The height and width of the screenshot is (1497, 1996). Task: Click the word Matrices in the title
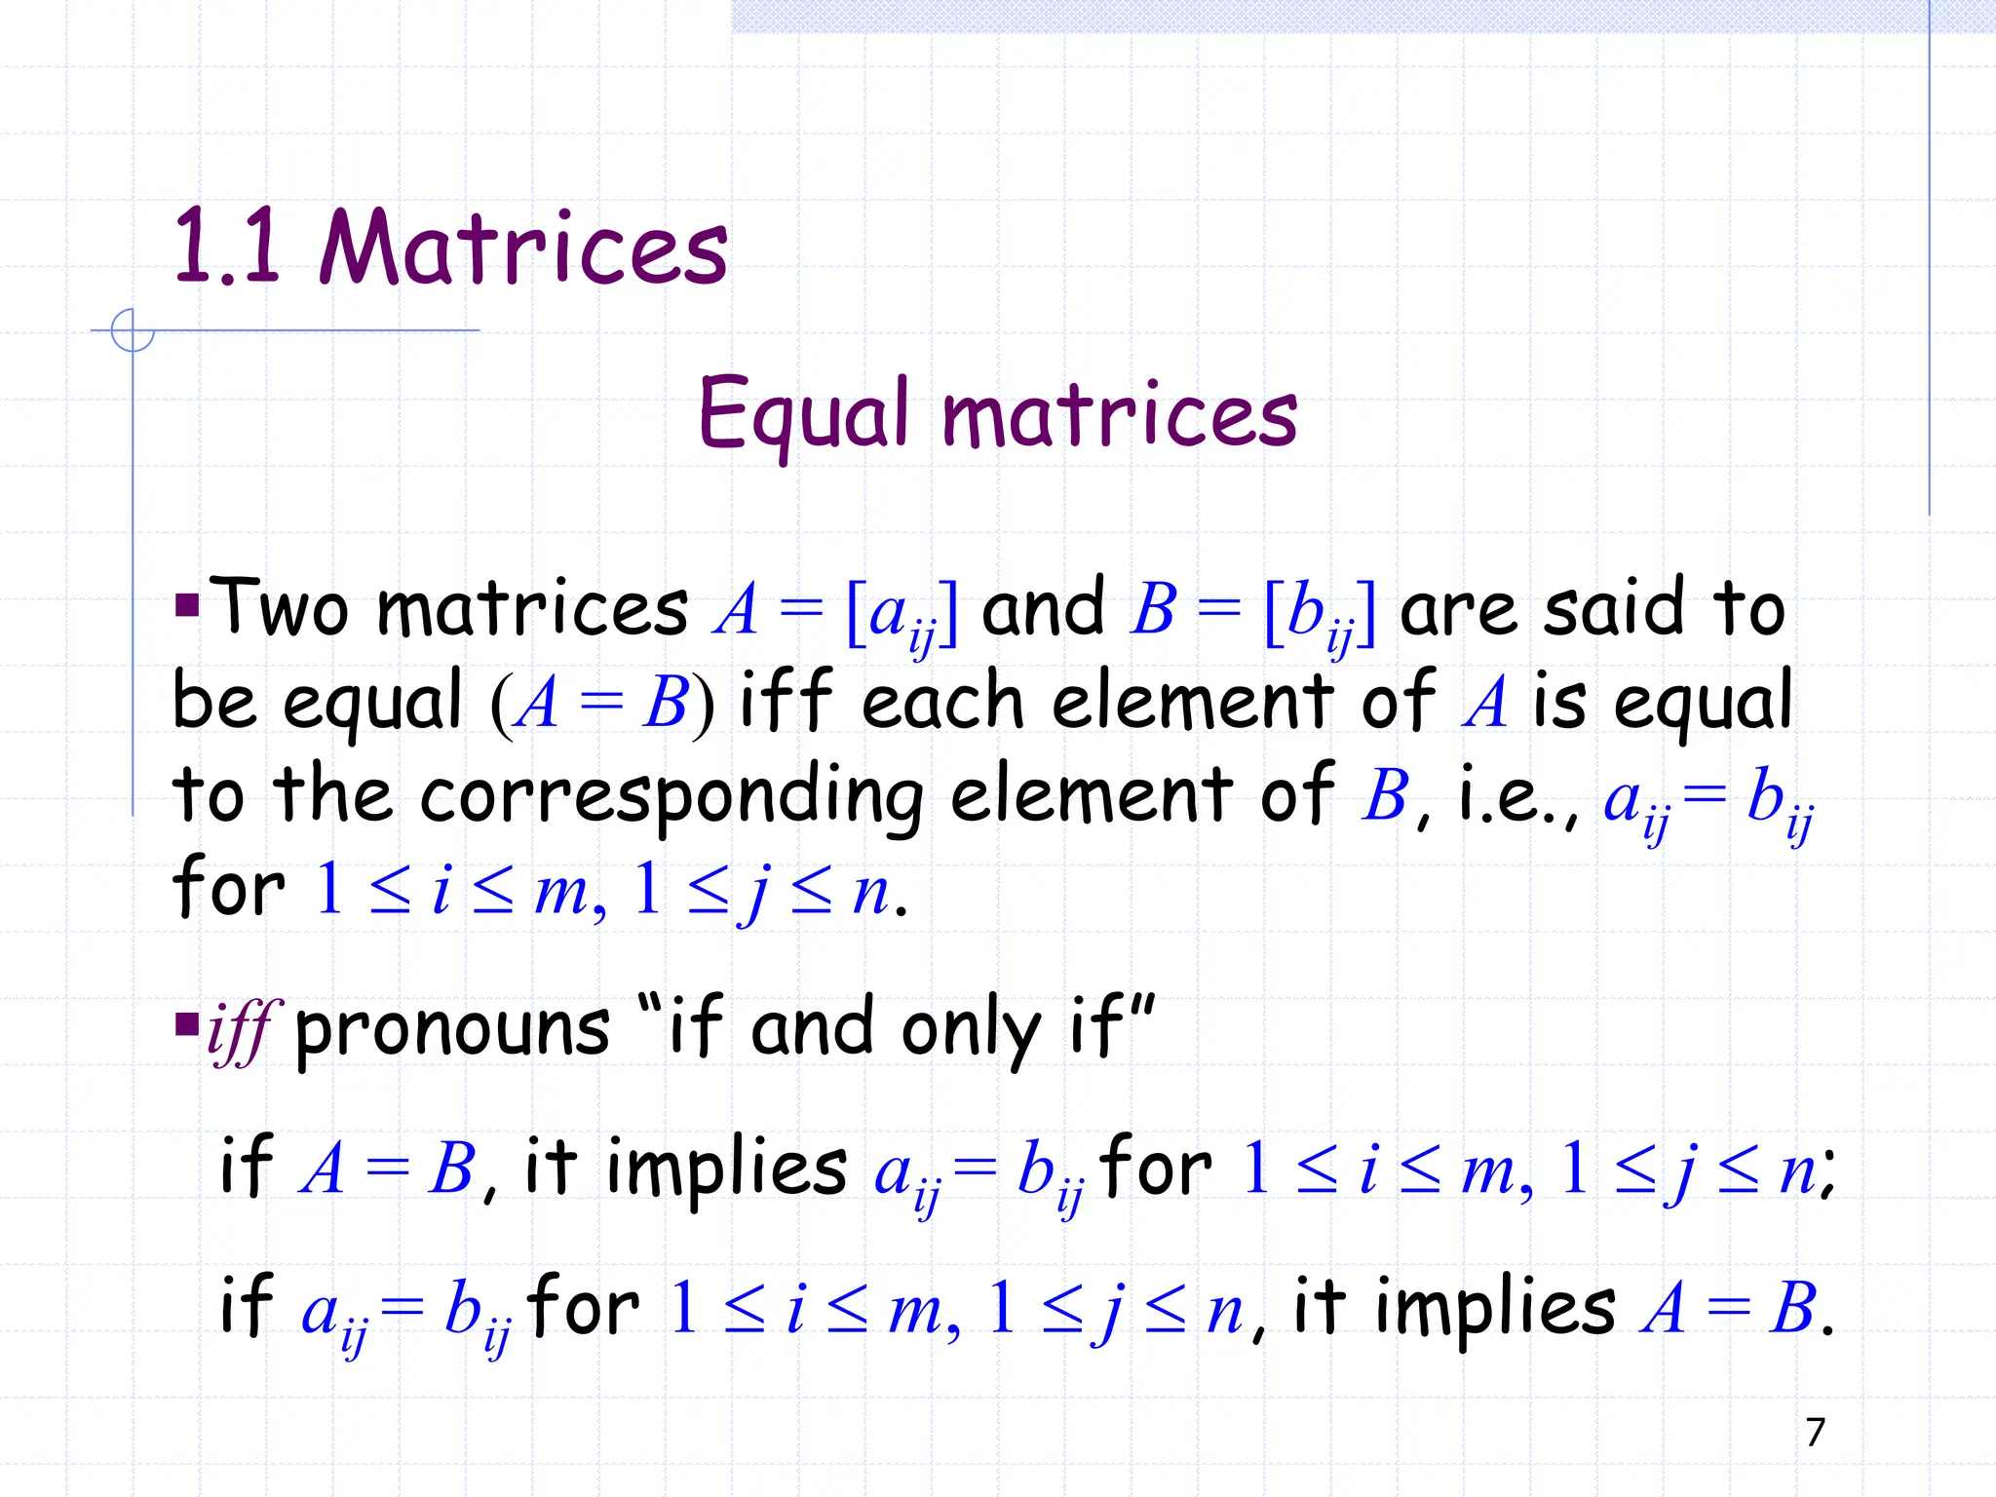[523, 249]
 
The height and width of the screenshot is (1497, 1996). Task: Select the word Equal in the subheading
[803, 415]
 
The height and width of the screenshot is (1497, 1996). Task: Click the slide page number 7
[1815, 1432]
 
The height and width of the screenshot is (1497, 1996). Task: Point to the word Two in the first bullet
[279, 608]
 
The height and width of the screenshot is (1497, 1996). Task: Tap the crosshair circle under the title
[133, 330]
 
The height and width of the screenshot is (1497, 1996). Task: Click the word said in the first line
[1614, 608]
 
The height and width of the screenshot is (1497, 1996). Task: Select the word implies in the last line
[1496, 1308]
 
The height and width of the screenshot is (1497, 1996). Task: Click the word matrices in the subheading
[1120, 415]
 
